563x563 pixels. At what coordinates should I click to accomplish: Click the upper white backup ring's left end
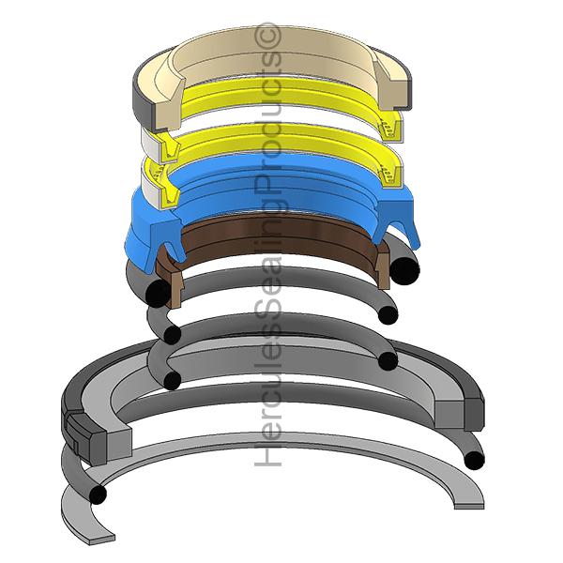[149, 141]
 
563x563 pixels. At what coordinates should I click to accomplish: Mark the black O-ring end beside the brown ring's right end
[405, 268]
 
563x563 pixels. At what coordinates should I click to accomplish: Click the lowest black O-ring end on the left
[98, 492]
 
